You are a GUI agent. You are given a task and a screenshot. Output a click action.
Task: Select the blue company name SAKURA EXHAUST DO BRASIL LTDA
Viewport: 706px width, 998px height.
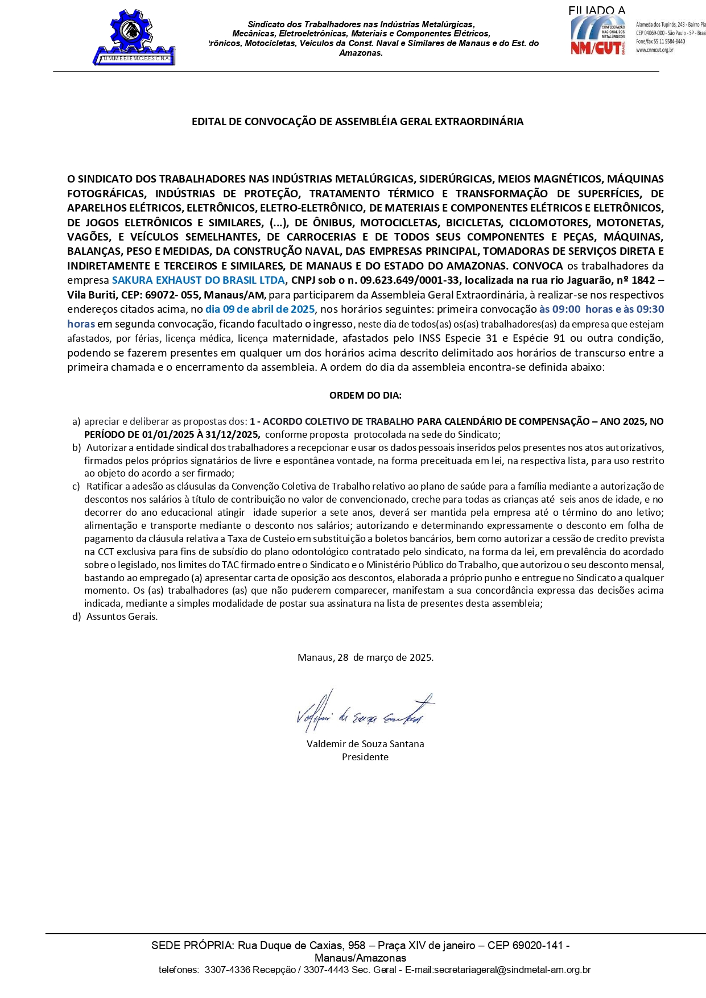tap(199, 280)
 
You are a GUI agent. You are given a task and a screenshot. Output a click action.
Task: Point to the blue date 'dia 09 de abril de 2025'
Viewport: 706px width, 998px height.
tap(260, 309)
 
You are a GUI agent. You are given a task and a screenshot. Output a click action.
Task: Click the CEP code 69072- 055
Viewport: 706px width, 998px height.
tap(172, 295)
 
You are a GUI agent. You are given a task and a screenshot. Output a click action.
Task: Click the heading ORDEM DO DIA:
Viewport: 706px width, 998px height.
tap(365, 395)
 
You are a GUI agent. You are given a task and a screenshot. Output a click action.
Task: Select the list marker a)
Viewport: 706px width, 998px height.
tap(76, 422)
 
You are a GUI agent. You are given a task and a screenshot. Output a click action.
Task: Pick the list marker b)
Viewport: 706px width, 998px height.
tap(76, 448)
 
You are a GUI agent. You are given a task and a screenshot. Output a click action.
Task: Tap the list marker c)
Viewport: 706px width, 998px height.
tap(76, 487)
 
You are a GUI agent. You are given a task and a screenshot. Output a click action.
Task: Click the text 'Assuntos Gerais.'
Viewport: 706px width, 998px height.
tap(122, 616)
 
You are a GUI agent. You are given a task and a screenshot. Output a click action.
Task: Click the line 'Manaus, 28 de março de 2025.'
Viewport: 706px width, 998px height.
tap(365, 657)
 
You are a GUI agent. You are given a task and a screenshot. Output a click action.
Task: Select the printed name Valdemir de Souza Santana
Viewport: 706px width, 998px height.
tap(365, 744)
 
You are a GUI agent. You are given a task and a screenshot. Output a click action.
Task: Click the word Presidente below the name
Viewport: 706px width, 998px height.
tap(365, 757)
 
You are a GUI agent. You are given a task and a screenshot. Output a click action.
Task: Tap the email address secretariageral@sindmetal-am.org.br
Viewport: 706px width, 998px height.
tap(512, 970)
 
